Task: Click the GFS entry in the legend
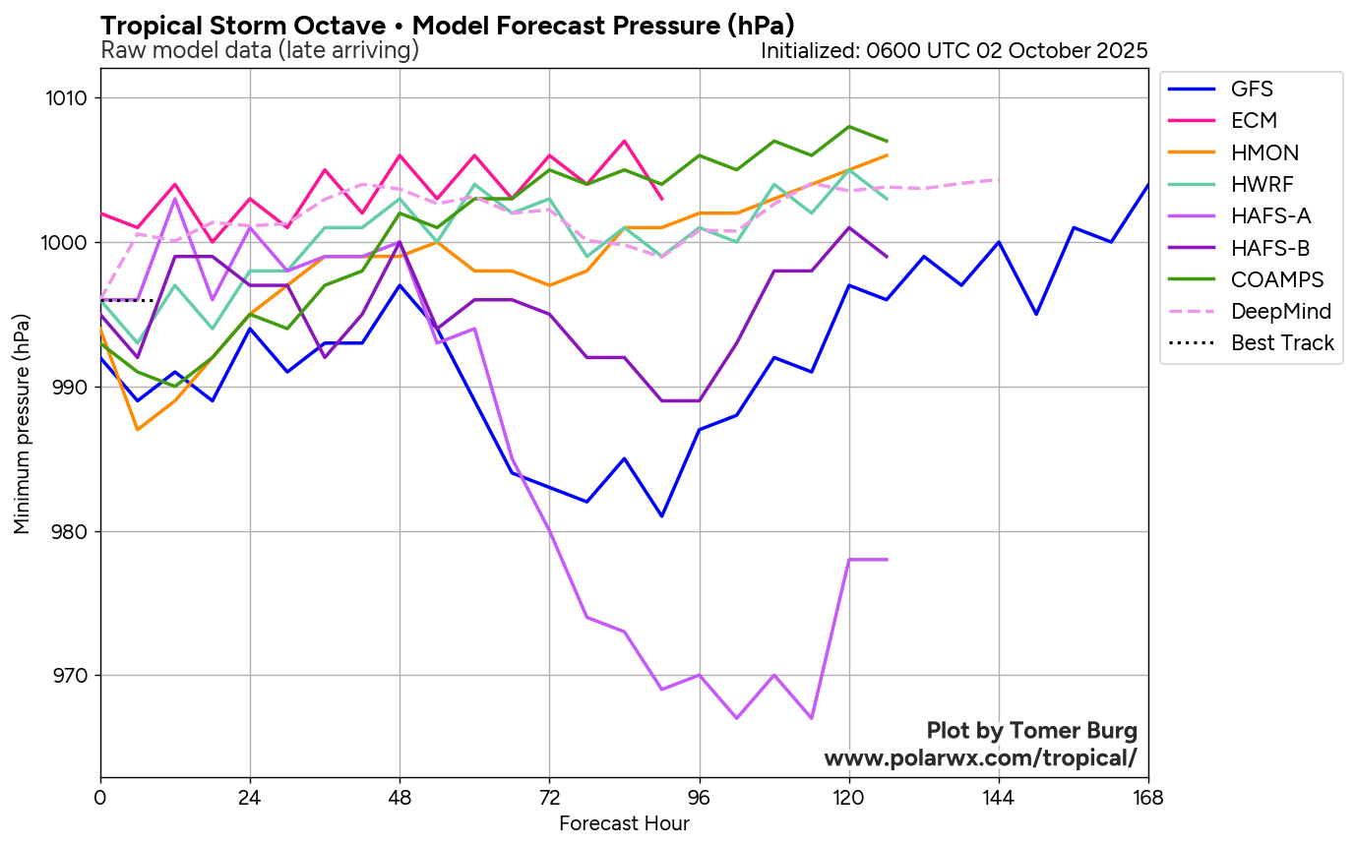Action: click(x=1252, y=90)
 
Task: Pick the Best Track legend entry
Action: click(x=1282, y=343)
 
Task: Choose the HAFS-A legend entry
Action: click(x=1270, y=216)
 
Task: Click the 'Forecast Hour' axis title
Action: click(x=624, y=823)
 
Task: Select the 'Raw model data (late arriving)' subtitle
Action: click(x=260, y=50)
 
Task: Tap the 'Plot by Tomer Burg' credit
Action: click(x=1031, y=731)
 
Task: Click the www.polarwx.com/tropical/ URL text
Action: click(x=980, y=758)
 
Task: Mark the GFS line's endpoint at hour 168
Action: click(x=1147, y=185)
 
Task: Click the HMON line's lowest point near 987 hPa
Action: click(x=138, y=430)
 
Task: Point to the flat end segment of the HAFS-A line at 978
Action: click(x=868, y=560)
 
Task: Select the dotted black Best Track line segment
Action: click(x=127, y=300)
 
